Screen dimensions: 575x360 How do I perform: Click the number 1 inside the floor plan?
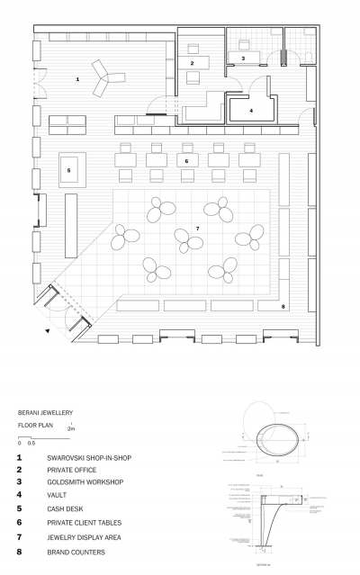pos(77,80)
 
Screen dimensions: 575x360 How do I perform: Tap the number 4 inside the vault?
pos(251,111)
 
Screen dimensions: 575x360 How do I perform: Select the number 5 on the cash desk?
pos(67,168)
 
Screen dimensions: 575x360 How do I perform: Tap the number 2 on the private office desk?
pos(192,63)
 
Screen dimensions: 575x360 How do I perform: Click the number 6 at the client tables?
pos(185,161)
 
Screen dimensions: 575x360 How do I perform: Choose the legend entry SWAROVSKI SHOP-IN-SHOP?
pos(89,458)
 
